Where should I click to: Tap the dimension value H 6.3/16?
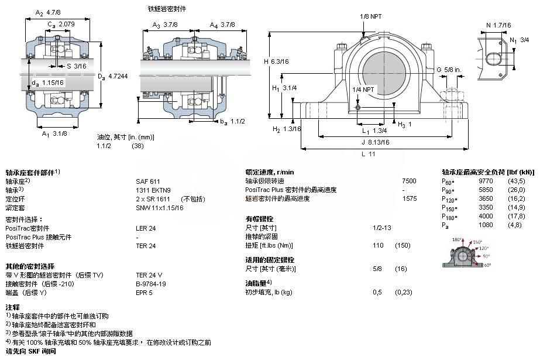[x=277, y=61]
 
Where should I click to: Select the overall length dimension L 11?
[x=367, y=153]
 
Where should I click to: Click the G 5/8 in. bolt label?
[x=449, y=70]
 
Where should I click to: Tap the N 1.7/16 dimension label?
[x=498, y=25]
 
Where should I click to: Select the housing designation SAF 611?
[x=147, y=181]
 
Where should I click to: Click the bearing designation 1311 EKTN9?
[x=153, y=190]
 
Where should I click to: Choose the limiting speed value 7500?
[x=410, y=181]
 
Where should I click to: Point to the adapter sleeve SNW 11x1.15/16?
[x=159, y=208]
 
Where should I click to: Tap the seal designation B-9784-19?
[x=151, y=283]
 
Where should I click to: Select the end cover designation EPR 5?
[x=144, y=292]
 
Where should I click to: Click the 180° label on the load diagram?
[x=457, y=239]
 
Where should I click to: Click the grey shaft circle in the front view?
[x=381, y=70]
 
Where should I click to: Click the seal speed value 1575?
[x=410, y=199]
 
